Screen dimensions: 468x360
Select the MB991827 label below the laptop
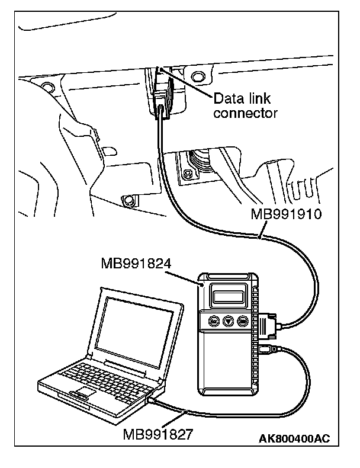point(157,435)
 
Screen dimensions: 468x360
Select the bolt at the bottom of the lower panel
point(126,200)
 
